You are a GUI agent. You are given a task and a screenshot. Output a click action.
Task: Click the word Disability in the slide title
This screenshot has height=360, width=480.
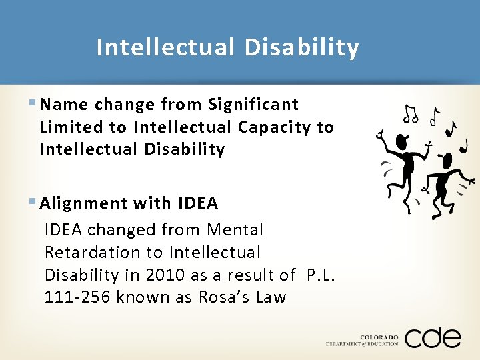[301, 48]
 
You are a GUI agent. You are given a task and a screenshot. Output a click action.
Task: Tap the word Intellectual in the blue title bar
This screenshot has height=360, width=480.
[165, 48]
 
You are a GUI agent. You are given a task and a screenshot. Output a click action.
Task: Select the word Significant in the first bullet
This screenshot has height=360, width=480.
[253, 105]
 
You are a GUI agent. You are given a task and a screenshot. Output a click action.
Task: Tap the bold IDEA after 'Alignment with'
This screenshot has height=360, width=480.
[198, 203]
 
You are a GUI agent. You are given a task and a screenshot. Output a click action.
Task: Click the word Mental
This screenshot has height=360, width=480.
[235, 230]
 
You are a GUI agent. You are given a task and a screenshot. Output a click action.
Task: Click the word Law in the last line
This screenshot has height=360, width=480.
[270, 297]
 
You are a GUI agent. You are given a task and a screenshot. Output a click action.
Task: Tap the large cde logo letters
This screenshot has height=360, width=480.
[433, 337]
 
